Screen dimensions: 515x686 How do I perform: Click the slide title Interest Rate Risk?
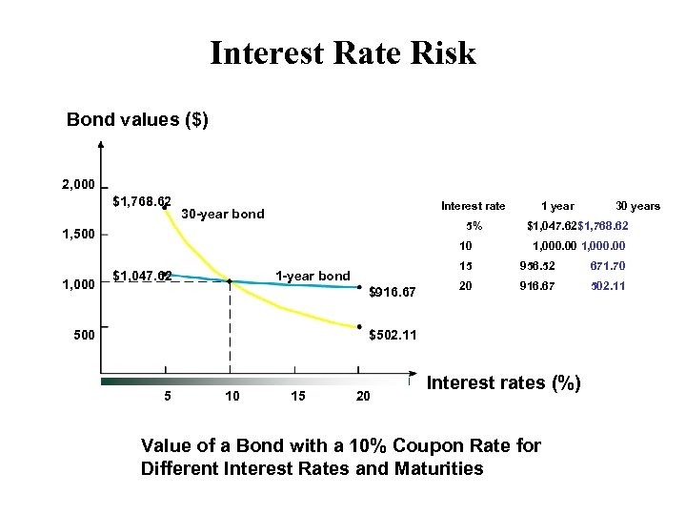(x=342, y=52)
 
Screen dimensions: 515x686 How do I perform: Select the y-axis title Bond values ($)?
(x=137, y=120)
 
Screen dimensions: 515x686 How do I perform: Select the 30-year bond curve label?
(x=222, y=214)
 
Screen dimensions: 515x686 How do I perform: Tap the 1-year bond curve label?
(x=313, y=277)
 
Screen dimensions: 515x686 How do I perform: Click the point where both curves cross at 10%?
(x=230, y=281)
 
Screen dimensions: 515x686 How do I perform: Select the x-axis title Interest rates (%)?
(x=503, y=383)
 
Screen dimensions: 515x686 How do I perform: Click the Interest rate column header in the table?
(x=473, y=206)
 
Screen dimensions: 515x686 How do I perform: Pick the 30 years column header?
(x=637, y=206)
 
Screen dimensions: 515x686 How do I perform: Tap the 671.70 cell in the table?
(x=607, y=266)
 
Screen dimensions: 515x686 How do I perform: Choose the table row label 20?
(x=466, y=285)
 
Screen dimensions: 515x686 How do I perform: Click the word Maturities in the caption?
(x=434, y=468)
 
